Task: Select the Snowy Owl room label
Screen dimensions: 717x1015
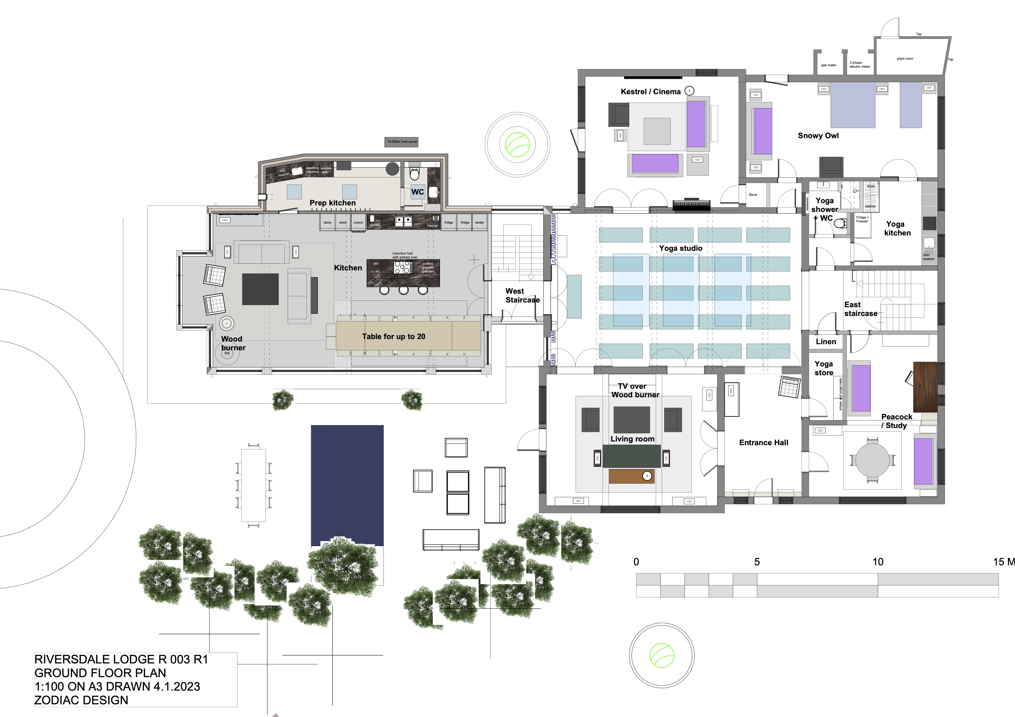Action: pyautogui.click(x=818, y=136)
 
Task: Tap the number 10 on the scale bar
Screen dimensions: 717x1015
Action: pyautogui.click(x=878, y=562)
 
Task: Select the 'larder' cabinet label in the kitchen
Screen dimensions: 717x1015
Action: pyautogui.click(x=480, y=223)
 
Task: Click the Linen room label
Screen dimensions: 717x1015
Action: pyautogui.click(x=825, y=342)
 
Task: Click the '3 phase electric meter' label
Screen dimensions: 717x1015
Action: pyautogui.click(x=859, y=65)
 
